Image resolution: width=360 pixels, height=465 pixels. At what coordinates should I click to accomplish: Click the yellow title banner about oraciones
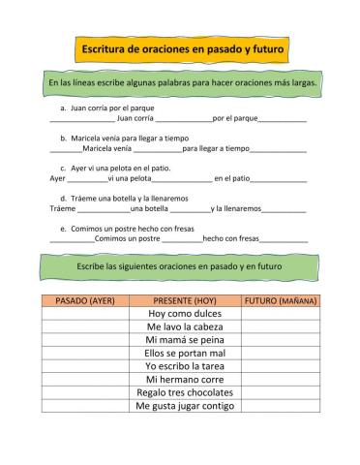[x=180, y=46]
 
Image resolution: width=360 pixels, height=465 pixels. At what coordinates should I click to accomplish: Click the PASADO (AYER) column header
[x=85, y=300]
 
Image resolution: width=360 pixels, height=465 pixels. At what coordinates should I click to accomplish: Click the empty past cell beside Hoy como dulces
[x=85, y=314]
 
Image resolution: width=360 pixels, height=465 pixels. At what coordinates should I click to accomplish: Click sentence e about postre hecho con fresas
[x=126, y=228]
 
